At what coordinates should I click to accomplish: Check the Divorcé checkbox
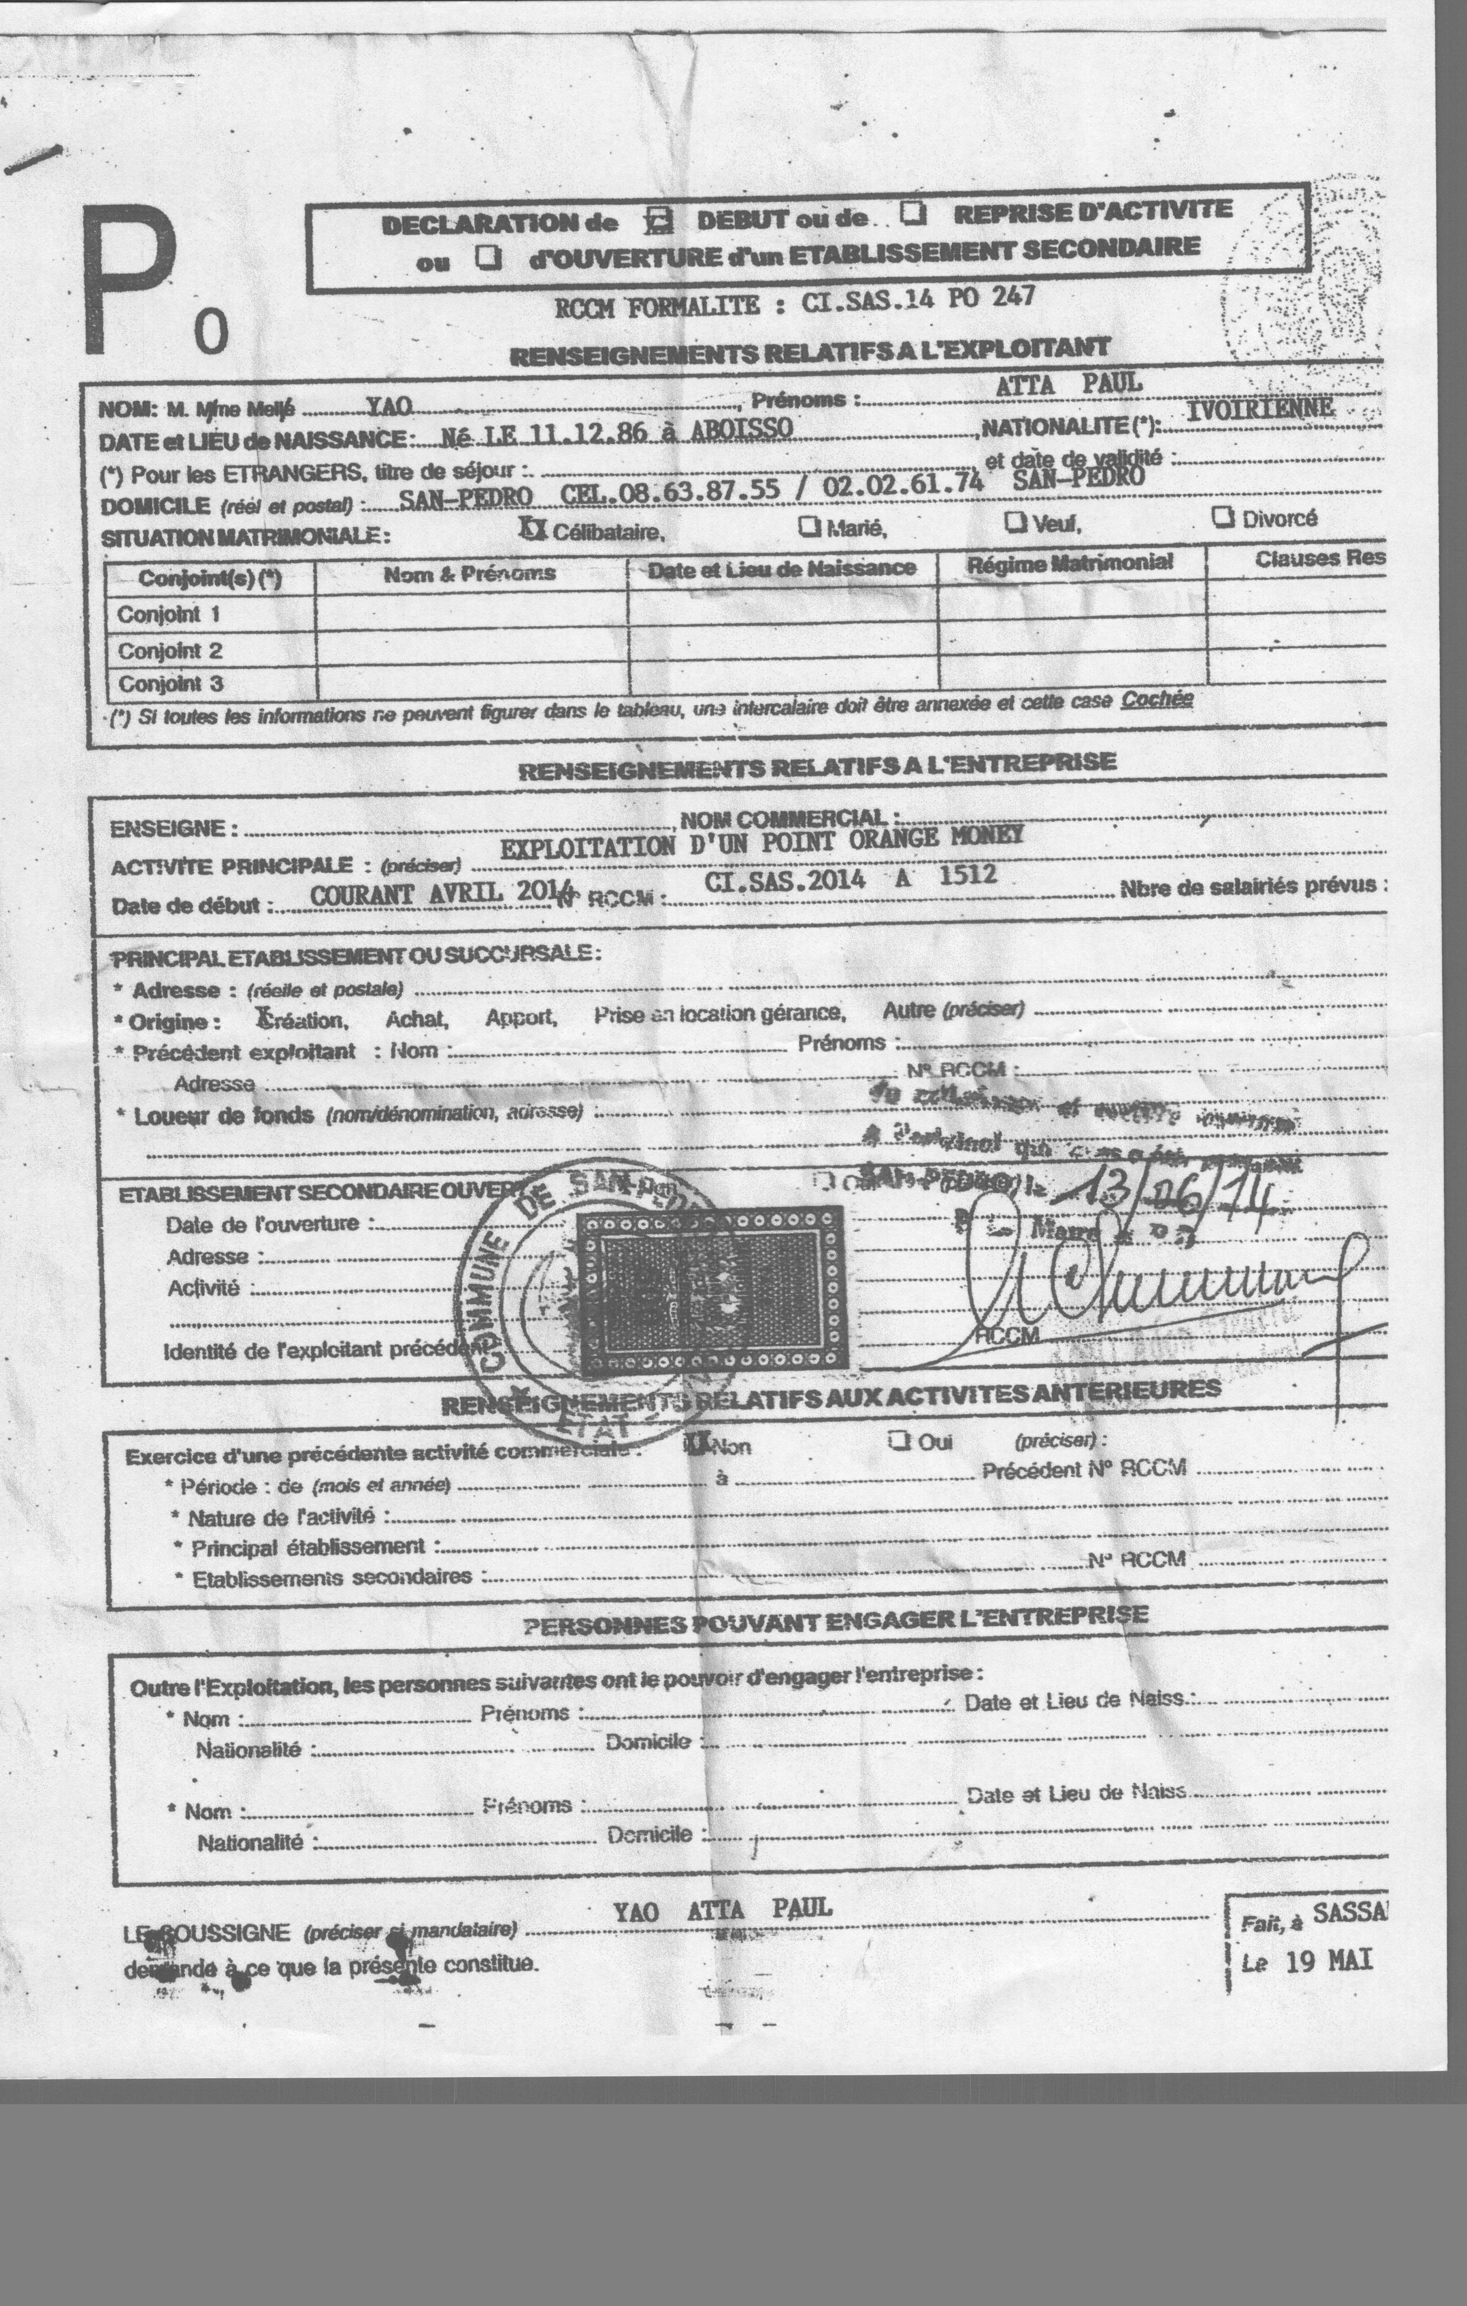[x=1222, y=517]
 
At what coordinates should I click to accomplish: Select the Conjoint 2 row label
[x=170, y=651]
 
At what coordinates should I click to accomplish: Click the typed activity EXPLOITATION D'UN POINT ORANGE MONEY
[x=761, y=842]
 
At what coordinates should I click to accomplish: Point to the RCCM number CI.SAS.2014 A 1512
[x=849, y=878]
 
